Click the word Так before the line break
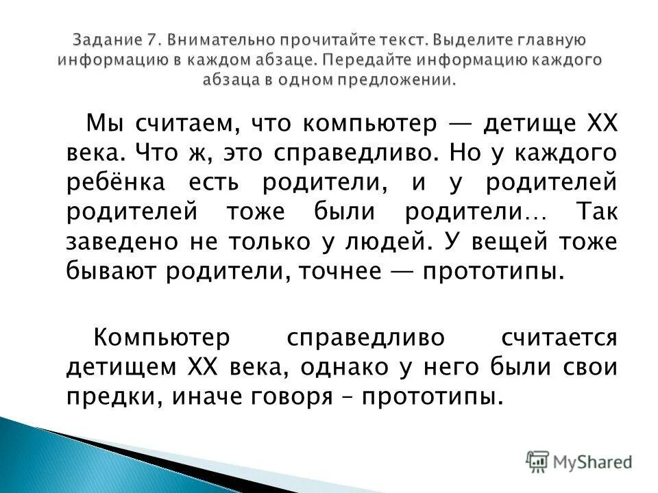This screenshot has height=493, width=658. coord(595,212)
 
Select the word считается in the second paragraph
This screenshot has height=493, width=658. coord(559,338)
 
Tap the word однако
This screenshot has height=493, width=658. coord(341,367)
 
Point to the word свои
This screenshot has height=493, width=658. coord(593,367)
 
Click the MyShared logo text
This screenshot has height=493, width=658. coord(593,462)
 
